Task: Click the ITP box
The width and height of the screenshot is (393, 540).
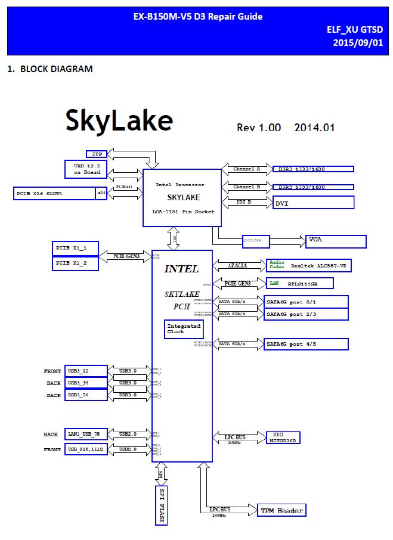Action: click(97, 154)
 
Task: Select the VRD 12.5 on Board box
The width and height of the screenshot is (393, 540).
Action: click(86, 169)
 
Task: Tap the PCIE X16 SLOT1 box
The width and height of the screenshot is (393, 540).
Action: click(54, 193)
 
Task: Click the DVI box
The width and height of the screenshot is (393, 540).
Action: click(313, 203)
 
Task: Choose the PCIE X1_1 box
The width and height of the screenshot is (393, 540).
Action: click(75, 248)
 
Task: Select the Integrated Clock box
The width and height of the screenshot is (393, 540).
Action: click(184, 329)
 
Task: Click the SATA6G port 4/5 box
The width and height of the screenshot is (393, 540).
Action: click(306, 344)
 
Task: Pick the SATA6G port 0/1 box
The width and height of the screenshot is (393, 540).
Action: click(306, 301)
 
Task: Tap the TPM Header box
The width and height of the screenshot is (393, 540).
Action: click(282, 510)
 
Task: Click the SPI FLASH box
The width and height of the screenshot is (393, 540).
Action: click(159, 505)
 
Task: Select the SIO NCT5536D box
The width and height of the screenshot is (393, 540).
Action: click(283, 437)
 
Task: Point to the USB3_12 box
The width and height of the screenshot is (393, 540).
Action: click(86, 371)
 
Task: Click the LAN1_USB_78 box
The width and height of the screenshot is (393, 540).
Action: click(86, 435)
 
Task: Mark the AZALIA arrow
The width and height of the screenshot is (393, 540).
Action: click(239, 265)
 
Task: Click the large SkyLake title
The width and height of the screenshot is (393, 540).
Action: click(119, 120)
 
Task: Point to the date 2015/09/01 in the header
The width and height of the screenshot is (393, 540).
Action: click(358, 43)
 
